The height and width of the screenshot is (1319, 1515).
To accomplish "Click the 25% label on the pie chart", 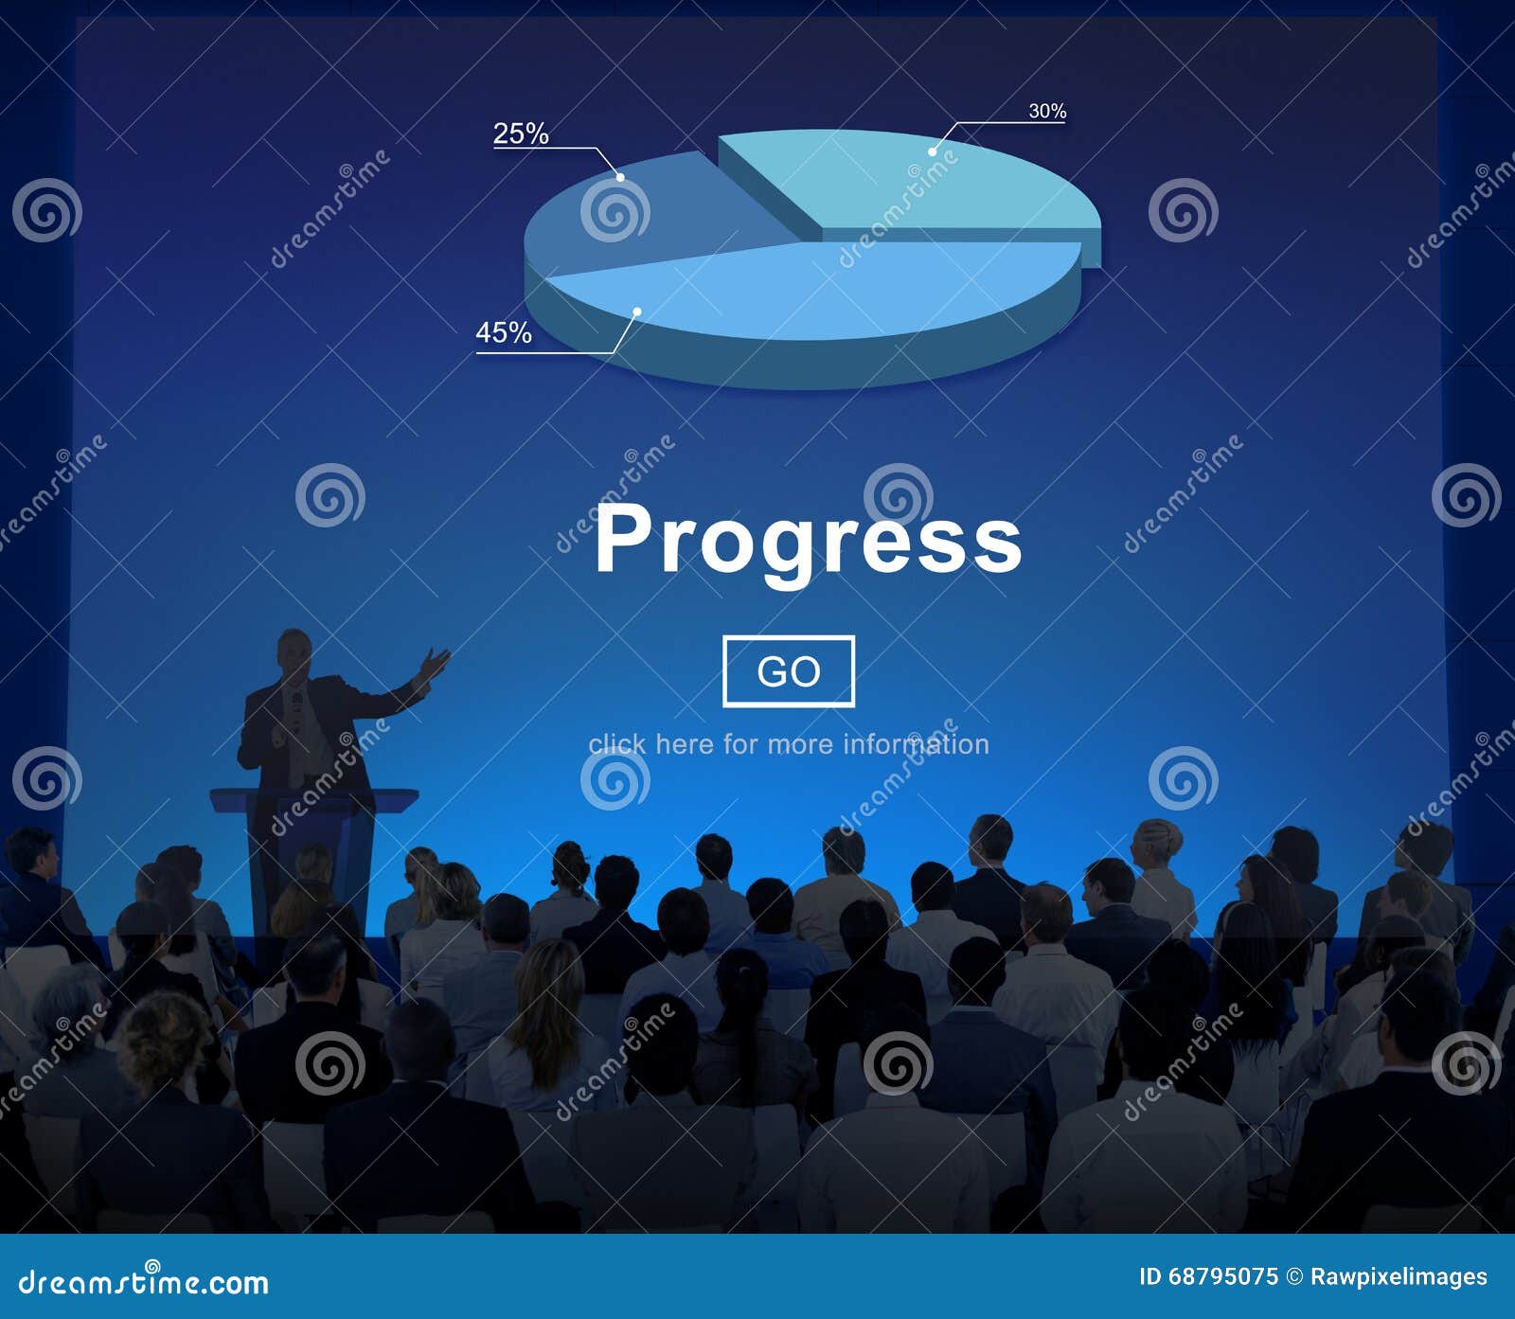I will [521, 134].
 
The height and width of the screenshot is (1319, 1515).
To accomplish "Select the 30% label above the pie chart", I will [1047, 112].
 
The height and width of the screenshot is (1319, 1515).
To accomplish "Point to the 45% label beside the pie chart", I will [503, 333].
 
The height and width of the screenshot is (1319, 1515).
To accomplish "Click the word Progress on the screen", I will [808, 539].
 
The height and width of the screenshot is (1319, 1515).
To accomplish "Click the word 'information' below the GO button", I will [916, 744].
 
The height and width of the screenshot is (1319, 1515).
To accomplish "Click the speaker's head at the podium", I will [294, 652].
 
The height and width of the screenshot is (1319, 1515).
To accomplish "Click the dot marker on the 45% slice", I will [637, 312].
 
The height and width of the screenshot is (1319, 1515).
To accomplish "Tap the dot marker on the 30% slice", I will [933, 152].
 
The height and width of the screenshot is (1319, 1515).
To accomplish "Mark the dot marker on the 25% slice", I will [620, 176].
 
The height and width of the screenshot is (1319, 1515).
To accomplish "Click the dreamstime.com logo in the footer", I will [144, 1282].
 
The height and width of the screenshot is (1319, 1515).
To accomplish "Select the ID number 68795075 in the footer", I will [1222, 1277].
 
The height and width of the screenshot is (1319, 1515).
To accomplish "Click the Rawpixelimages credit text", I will [1398, 1277].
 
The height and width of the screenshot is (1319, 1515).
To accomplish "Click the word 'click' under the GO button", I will [616, 744].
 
